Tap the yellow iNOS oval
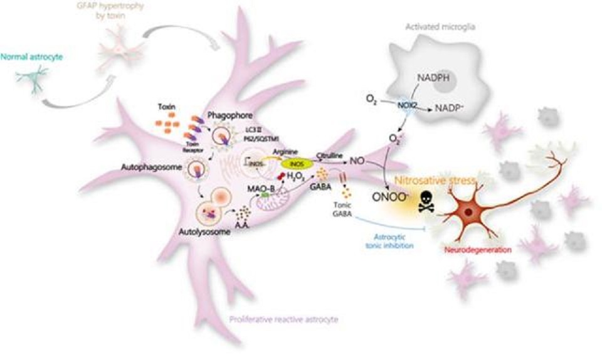pos(296,164)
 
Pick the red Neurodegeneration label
pos(477,249)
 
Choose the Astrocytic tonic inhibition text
pos(390,241)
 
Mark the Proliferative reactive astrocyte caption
pos(284,319)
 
